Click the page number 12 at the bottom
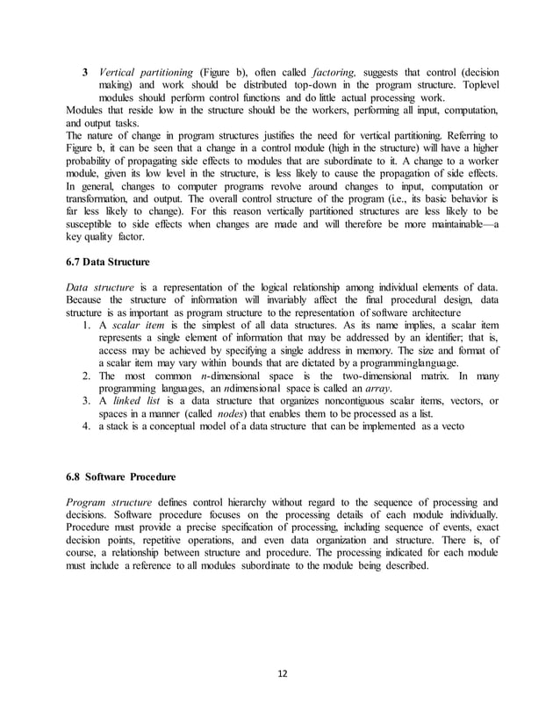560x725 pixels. (280, 673)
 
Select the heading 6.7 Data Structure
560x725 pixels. (108, 262)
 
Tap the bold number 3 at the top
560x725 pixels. (84, 71)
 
